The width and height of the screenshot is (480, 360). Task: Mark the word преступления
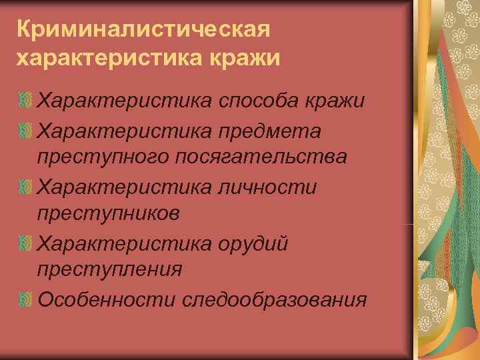pos(110,270)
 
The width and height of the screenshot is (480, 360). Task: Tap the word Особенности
pos(106,299)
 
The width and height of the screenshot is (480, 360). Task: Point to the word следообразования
pos(274,299)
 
